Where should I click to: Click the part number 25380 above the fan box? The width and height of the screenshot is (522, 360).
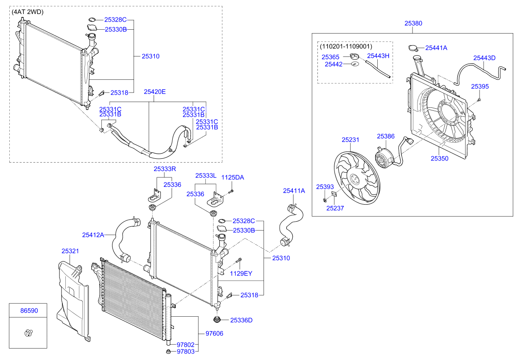click(413, 24)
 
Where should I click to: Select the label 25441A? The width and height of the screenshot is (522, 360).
click(436, 48)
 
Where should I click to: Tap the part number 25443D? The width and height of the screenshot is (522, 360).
click(484, 58)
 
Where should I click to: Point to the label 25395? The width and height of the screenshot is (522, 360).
click(480, 86)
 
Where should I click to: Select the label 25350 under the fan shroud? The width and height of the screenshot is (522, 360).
click(439, 158)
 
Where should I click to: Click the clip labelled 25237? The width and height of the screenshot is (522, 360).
click(334, 195)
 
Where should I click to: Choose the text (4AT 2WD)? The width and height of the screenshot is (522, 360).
click(28, 12)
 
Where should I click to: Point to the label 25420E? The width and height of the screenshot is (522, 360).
click(154, 91)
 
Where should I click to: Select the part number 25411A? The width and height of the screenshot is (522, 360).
click(294, 191)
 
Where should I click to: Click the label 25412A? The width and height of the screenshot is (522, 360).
click(93, 234)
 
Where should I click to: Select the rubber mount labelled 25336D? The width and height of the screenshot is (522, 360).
click(217, 320)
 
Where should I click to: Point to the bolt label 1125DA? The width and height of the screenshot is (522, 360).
click(233, 177)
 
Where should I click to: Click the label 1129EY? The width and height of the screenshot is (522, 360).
click(241, 273)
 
